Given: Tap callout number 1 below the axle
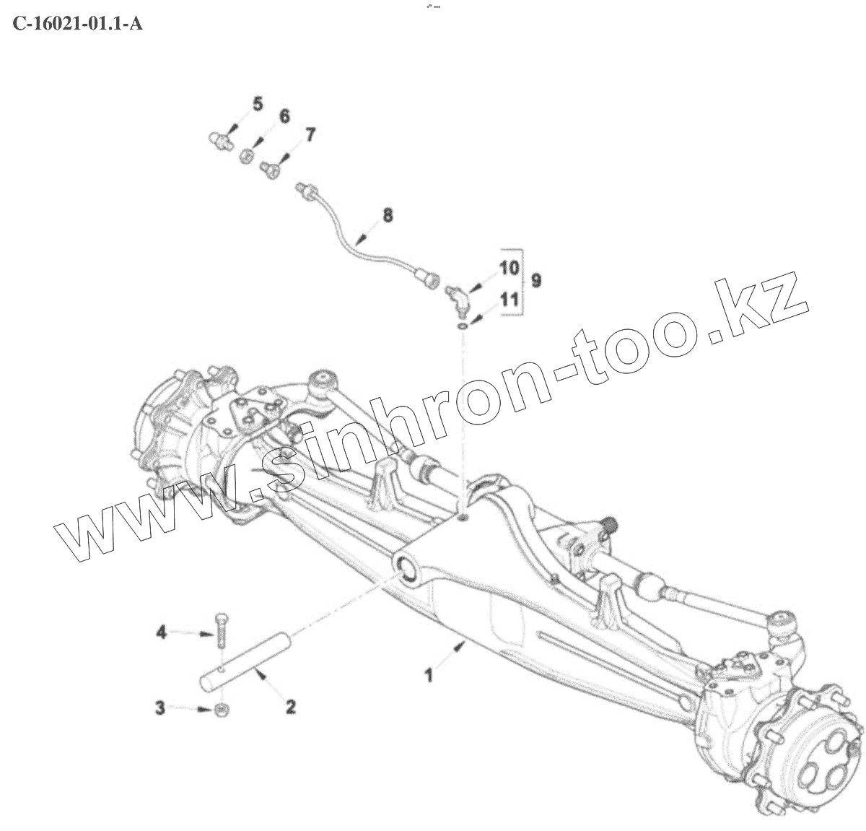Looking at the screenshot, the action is (429, 676).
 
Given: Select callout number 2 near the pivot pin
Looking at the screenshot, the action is (291, 706).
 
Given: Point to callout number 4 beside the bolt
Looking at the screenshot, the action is (162, 632).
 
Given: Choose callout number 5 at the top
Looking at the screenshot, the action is (258, 105).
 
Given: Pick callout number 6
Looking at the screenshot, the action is (284, 117).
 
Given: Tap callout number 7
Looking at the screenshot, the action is (310, 135).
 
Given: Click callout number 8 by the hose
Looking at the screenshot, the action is (388, 214).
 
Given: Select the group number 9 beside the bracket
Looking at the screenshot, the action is (536, 280).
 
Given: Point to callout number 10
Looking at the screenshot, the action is (509, 269).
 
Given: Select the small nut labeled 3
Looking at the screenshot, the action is (223, 708).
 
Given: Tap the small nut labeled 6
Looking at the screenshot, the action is (247, 155).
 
